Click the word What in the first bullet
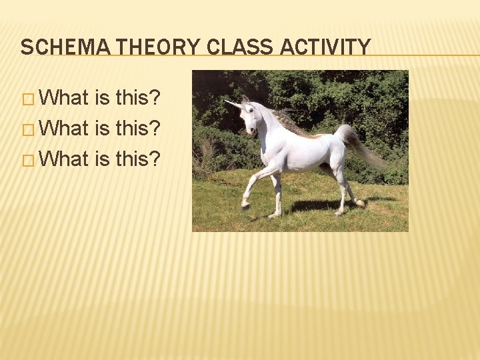tap(65, 98)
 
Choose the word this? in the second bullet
tap(138, 128)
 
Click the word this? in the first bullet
tap(138, 98)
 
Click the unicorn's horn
tap(233, 103)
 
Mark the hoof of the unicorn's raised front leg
tap(245, 207)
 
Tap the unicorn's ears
tap(245, 99)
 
